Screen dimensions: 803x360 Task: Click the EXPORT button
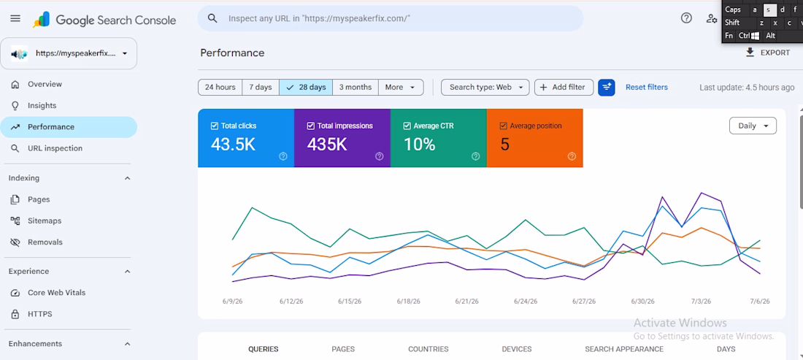767,53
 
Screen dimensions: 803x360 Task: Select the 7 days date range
260,87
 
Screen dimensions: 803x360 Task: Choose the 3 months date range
356,87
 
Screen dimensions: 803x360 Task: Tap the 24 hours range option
220,87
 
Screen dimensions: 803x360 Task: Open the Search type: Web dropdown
485,87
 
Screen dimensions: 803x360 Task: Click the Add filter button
564,87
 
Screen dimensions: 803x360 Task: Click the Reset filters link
647,87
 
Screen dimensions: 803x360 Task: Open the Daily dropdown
753,126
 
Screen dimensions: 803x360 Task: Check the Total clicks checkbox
214,126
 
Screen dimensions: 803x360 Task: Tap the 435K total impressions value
327,145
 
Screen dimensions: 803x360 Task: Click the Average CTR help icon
476,156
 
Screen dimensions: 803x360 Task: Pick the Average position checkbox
503,126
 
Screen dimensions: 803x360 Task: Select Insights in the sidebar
42,105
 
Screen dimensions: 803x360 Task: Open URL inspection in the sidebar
55,148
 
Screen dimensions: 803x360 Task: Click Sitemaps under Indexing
45,221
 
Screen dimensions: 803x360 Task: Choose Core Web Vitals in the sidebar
56,293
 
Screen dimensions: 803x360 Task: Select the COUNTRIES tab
428,349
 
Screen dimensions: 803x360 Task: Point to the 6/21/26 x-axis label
466,302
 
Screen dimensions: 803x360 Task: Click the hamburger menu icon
15,18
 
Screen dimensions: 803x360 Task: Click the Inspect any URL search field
391,18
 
